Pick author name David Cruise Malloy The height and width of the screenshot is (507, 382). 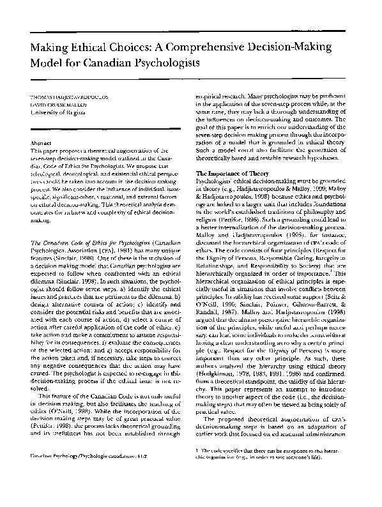click(57, 102)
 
